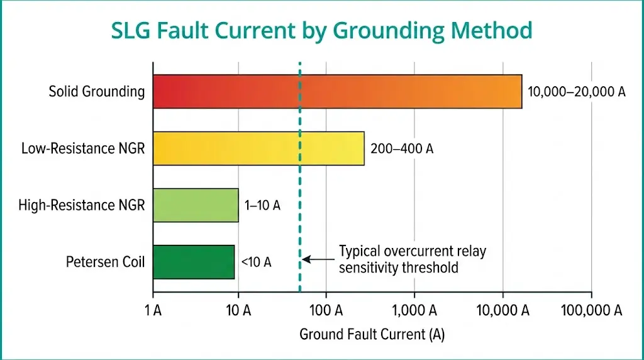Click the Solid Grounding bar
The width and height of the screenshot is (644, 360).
[x=337, y=92]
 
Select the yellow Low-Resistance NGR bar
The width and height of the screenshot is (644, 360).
[x=258, y=149]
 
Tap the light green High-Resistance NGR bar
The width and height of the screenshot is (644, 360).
[x=196, y=205]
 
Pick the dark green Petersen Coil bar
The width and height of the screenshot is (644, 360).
[x=194, y=262]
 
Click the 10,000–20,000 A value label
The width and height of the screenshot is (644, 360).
[x=577, y=92]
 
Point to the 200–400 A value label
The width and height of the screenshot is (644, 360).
[x=402, y=149]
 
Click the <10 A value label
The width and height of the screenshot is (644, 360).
[x=256, y=262]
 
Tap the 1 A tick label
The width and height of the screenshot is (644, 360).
[x=153, y=310]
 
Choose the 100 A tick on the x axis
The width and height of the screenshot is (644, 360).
[x=326, y=310]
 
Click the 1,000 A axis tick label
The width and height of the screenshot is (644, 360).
[x=414, y=310]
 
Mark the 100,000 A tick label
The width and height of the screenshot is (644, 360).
[x=592, y=310]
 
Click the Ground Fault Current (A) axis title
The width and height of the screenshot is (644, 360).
[x=372, y=334]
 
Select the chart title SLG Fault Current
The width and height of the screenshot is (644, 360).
[x=321, y=30]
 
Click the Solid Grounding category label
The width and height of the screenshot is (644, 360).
[x=97, y=92]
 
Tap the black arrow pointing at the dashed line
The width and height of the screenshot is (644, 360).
[x=318, y=259]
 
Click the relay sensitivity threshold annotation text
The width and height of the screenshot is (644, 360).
[x=413, y=259]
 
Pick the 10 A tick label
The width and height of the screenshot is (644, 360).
[x=238, y=310]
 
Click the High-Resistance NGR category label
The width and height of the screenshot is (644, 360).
[x=82, y=205]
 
